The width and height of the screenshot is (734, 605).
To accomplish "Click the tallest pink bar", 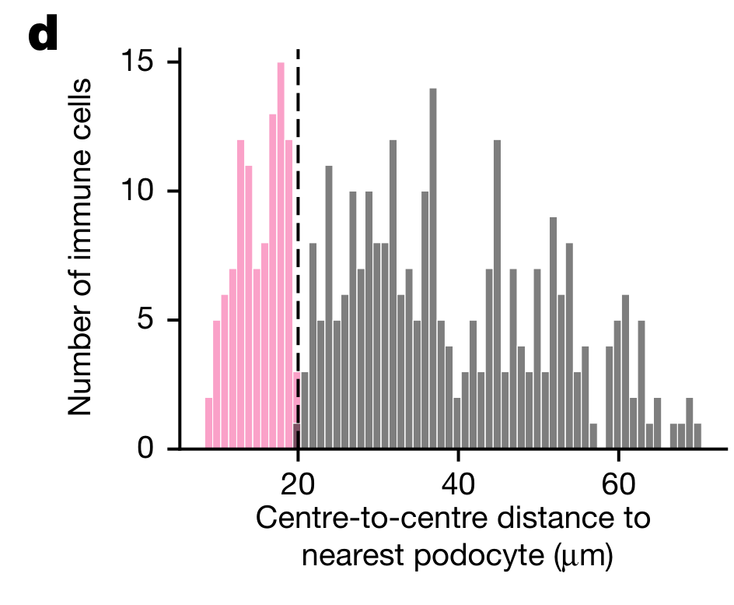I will click(x=281, y=257).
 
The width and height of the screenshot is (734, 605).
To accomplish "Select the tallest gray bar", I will click(x=433, y=269).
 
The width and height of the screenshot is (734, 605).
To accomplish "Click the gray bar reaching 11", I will click(x=329, y=307).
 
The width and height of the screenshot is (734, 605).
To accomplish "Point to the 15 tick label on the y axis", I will click(x=142, y=62).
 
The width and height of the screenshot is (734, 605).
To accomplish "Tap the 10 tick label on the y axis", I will click(x=142, y=191).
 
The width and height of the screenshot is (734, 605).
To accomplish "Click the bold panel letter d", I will click(x=44, y=36).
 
